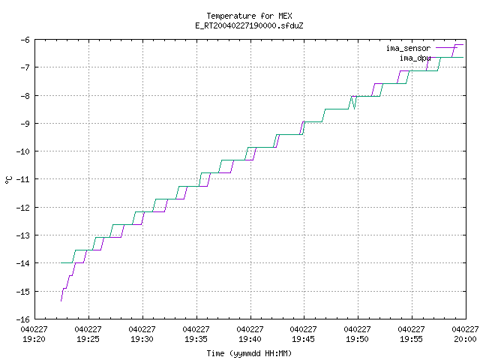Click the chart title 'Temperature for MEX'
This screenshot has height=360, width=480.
point(249,16)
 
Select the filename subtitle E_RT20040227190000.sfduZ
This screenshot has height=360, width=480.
point(249,25)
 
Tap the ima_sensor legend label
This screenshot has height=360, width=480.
point(408,48)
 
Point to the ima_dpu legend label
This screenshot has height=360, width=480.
point(415,58)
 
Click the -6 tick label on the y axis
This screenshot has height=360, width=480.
point(25,40)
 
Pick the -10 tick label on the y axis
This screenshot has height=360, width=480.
point(23,151)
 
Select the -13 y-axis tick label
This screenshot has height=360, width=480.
point(23,235)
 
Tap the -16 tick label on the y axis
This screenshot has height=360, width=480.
point(23,319)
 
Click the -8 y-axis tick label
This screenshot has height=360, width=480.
point(25,95)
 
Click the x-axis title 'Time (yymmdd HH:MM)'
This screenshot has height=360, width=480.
point(249,353)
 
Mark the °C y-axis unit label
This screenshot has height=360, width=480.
point(8,180)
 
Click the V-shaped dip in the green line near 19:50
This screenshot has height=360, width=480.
point(355,109)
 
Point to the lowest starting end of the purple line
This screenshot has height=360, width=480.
point(61,301)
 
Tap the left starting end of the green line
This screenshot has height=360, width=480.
point(61,262)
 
